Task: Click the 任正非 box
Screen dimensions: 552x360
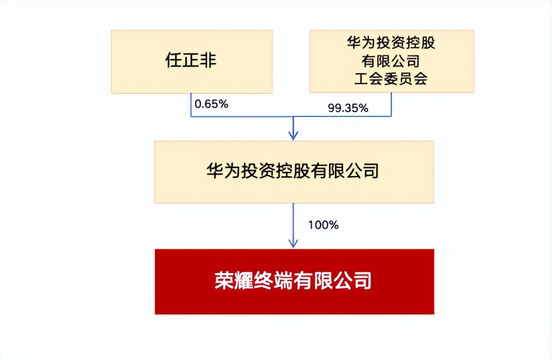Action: tap(192, 62)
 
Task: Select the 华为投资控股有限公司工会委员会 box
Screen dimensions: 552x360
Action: tap(391, 61)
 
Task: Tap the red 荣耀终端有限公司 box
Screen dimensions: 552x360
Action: tap(294, 281)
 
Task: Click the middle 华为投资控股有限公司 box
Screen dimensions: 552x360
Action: tap(294, 172)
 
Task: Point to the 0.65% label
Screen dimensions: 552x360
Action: tap(211, 104)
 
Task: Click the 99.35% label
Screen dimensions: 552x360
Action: tap(348, 108)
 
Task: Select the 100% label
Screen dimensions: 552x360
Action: tap(323, 224)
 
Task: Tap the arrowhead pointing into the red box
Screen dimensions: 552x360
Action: tap(293, 243)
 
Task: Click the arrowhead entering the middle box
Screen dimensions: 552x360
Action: tap(293, 136)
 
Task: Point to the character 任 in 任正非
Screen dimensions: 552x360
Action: tap(174, 60)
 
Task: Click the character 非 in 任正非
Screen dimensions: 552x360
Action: tap(208, 60)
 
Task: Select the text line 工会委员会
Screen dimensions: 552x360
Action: tap(391, 79)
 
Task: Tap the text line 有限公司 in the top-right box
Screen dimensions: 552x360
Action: tap(391, 61)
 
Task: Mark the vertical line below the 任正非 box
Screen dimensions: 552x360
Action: tap(191, 105)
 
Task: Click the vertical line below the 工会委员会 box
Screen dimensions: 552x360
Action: tap(391, 104)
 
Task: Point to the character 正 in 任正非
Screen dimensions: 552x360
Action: tap(191, 60)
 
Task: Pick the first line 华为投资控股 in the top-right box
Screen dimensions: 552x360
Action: tap(391, 43)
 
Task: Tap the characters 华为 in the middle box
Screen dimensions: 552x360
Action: tap(224, 171)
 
